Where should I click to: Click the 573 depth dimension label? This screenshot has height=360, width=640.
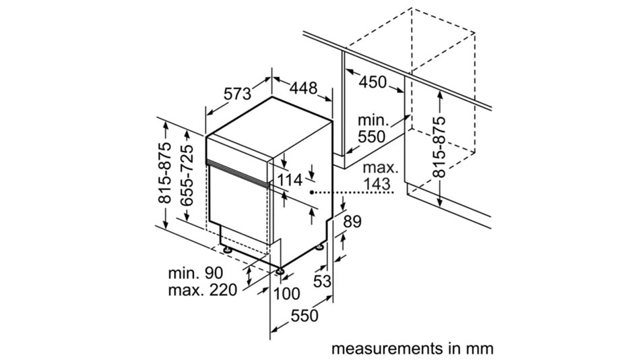237,94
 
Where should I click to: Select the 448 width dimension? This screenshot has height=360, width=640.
304,87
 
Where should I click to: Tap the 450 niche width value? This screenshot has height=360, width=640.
373,82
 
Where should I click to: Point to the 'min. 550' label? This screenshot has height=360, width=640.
371,128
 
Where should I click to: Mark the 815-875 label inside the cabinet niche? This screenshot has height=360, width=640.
439,146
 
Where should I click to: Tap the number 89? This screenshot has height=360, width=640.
352,221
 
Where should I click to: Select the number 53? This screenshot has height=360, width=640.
323,280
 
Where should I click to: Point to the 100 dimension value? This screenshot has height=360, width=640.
287,293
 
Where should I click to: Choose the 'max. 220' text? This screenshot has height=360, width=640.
203,291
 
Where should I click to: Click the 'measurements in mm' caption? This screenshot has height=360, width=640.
412,349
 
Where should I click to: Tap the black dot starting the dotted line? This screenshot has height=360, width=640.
312,193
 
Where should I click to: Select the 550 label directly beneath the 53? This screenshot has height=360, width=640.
304,315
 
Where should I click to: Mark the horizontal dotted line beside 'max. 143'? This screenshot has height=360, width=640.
354,193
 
